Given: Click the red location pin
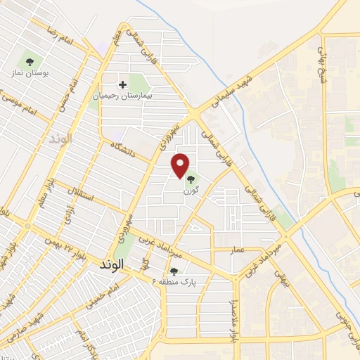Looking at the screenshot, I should [x=181, y=165].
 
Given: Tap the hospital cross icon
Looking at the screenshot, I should [x=123, y=84].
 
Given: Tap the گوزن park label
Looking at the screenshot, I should [x=191, y=191].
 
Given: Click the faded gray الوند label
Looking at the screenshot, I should [x=62, y=139].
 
